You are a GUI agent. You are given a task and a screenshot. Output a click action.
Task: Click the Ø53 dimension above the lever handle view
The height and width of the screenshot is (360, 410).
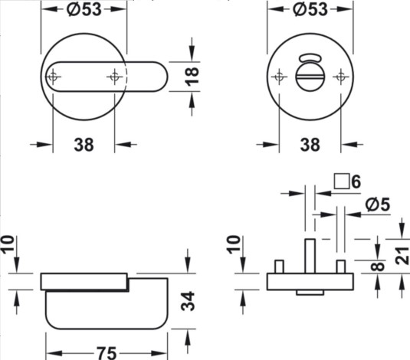(x=83, y=9)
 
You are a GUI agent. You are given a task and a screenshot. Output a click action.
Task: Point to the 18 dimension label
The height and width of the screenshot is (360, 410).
(x=192, y=76)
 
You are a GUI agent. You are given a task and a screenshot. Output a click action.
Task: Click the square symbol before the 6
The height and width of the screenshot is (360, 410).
(x=342, y=182)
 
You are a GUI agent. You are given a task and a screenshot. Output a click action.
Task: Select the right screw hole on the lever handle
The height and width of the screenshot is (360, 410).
(x=114, y=76)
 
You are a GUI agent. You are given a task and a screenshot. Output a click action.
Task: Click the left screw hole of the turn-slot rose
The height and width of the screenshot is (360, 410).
(x=278, y=76)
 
